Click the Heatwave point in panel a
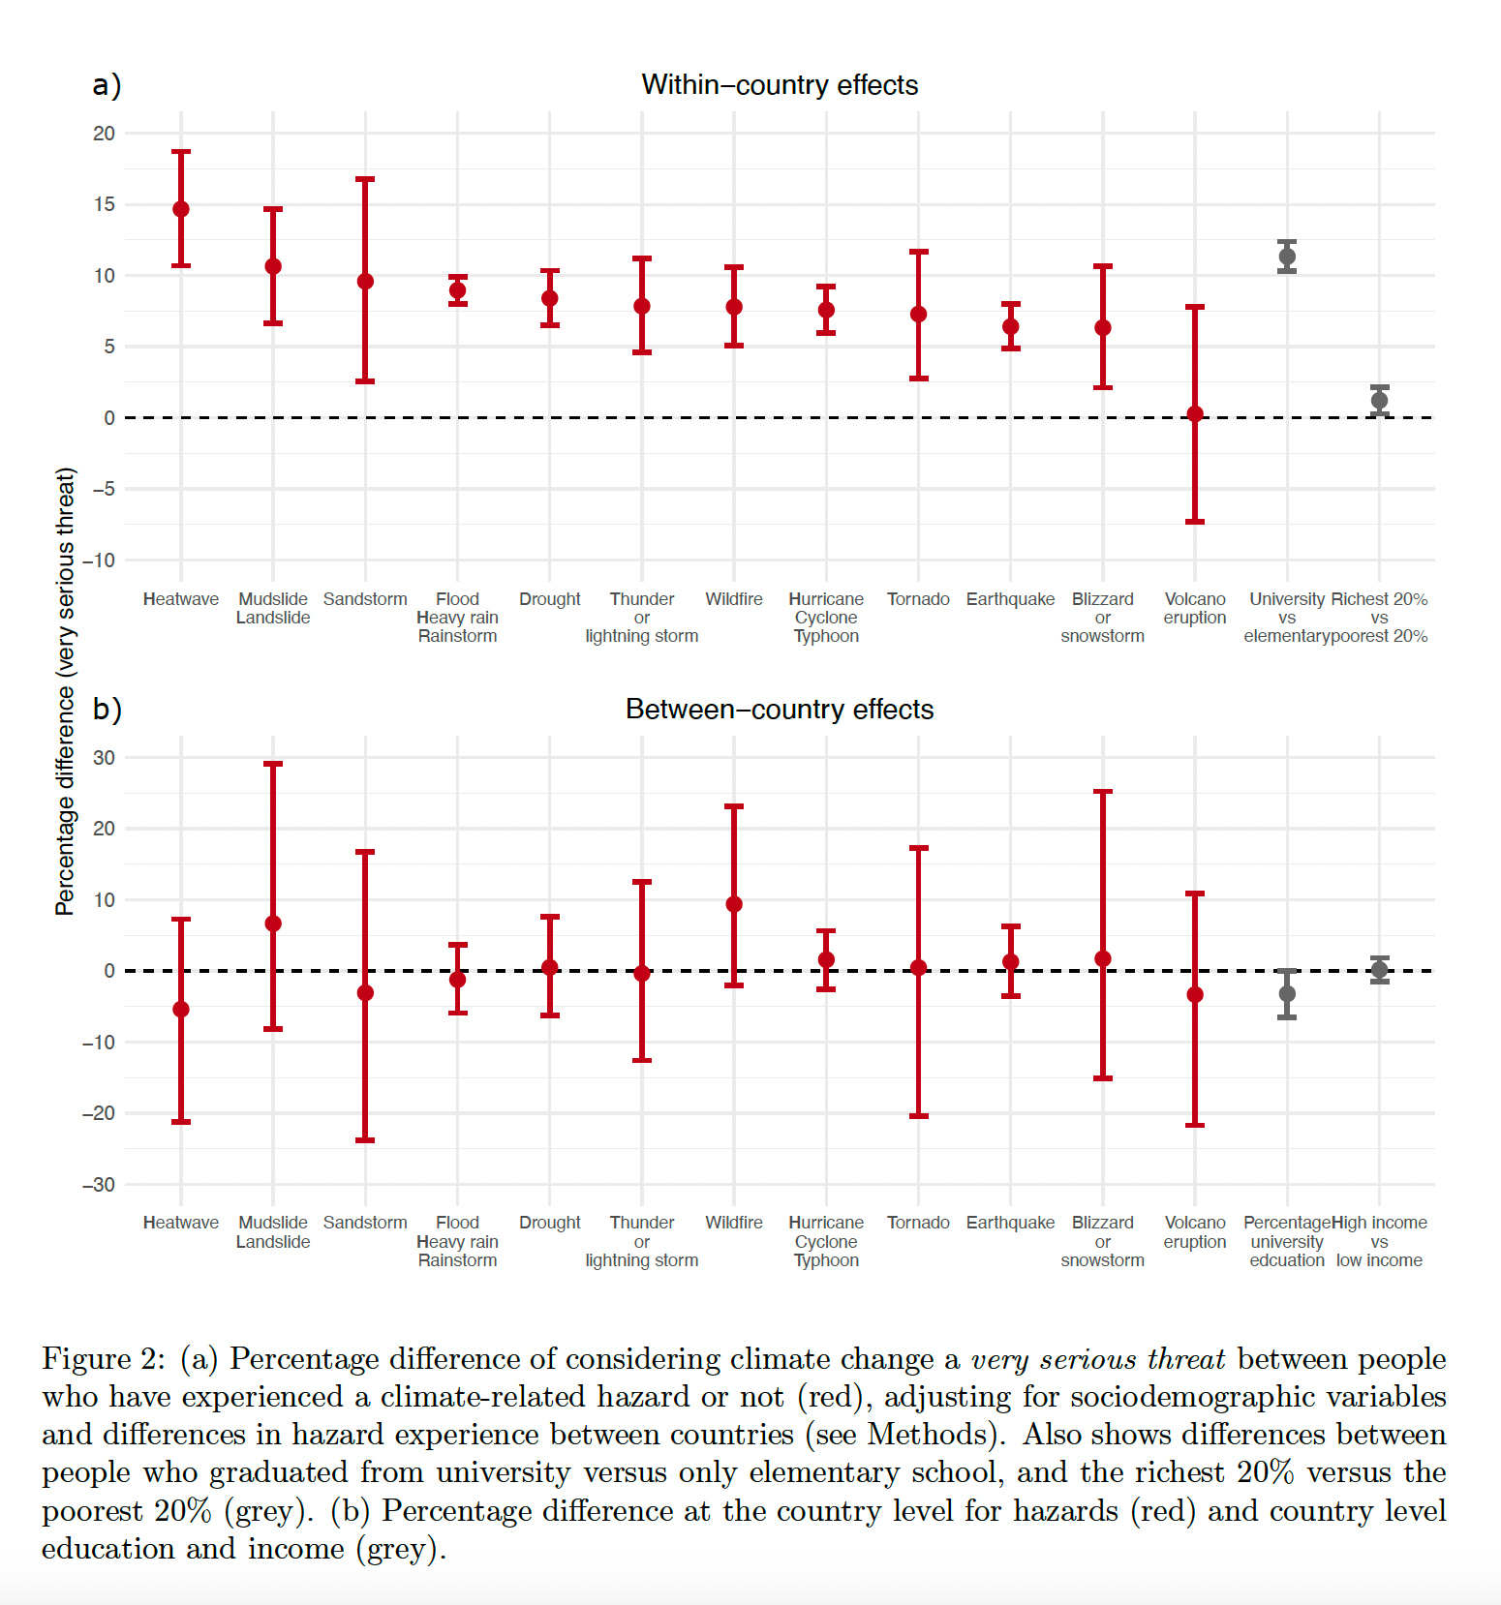point(181,209)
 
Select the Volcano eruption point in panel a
point(1195,413)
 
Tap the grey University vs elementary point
point(1287,257)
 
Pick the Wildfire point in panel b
point(734,904)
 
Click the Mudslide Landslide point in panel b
point(273,924)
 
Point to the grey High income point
point(1379,970)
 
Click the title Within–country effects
point(780,85)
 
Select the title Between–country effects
point(780,710)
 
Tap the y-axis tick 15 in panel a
point(104,204)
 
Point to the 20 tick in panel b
point(104,829)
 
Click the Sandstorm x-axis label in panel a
point(365,599)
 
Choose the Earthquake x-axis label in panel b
point(1010,1223)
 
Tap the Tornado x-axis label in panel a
point(918,599)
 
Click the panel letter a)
point(107,85)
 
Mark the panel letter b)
point(107,710)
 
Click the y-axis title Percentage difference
point(65,691)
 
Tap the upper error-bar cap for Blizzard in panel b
point(1103,792)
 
